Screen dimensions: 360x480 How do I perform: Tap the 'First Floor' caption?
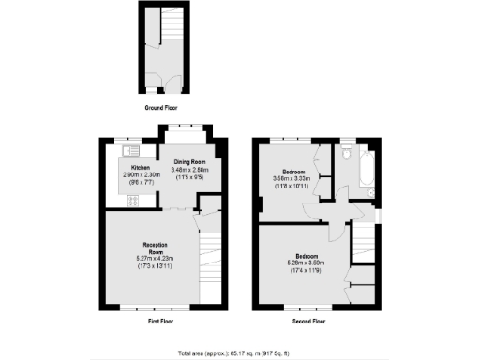tap(163, 322)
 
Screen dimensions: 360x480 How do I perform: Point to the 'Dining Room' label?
tap(187, 161)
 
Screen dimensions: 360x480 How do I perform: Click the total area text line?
tap(240, 352)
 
